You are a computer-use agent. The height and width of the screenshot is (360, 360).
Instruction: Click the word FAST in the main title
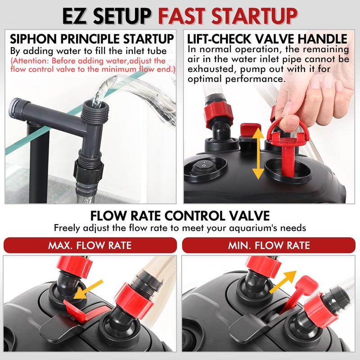click(182, 16)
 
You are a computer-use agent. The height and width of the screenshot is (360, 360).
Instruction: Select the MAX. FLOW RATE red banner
click(90, 245)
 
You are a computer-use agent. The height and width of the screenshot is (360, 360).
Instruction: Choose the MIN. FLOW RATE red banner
click(269, 245)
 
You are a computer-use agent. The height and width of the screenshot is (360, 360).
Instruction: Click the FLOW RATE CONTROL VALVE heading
click(180, 216)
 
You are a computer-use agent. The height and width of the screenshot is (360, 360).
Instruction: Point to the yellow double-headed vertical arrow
click(258, 153)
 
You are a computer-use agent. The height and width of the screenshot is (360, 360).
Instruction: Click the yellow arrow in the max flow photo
click(88, 290)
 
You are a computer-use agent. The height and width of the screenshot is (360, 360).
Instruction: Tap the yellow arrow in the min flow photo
click(283, 282)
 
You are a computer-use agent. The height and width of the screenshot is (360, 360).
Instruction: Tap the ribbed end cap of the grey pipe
click(14, 108)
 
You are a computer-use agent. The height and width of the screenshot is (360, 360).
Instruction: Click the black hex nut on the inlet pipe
click(88, 171)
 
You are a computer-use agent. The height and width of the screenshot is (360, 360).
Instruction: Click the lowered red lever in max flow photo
click(75, 310)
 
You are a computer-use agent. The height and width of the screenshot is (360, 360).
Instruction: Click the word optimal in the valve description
click(205, 80)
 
